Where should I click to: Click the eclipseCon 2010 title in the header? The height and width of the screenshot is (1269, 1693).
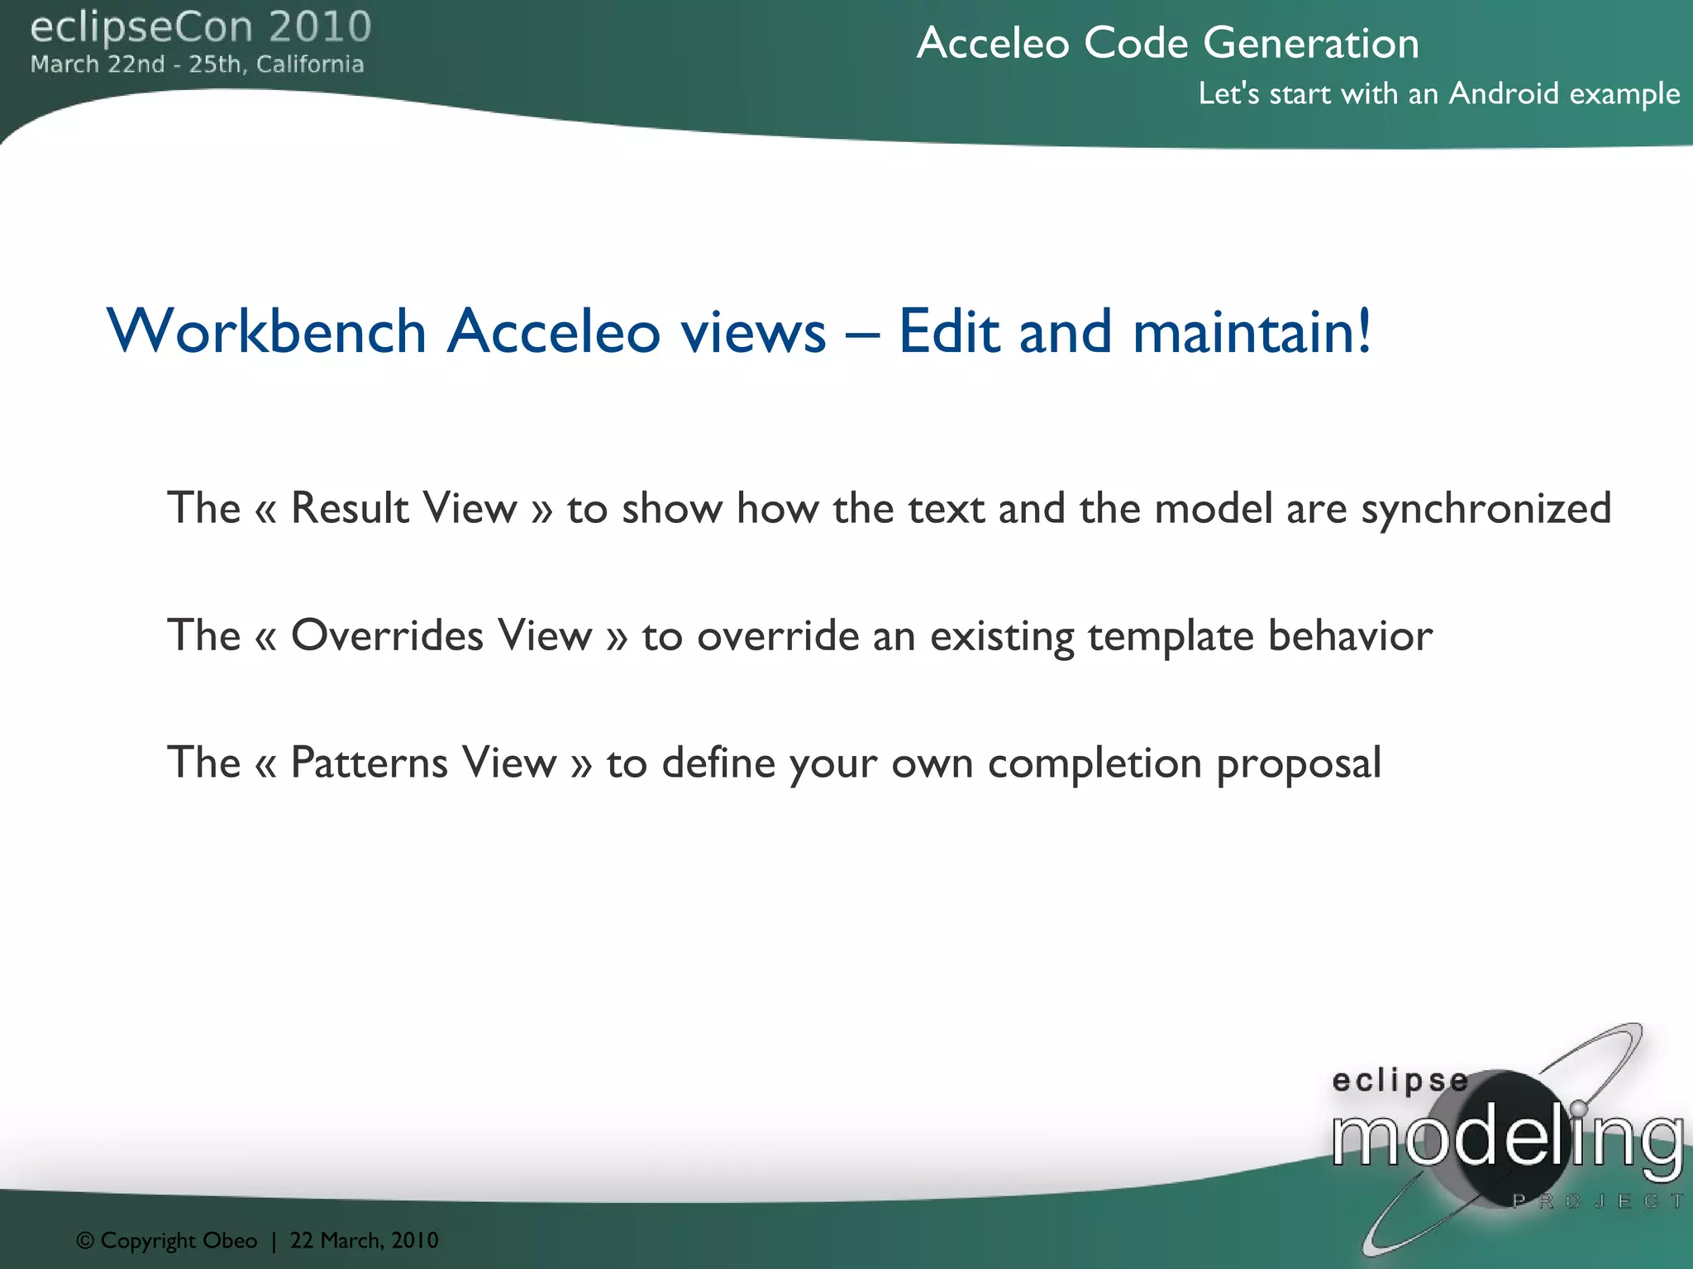201,27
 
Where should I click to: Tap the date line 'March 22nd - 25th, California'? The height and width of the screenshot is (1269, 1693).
197,64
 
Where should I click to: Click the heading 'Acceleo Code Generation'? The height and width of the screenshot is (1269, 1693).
1167,43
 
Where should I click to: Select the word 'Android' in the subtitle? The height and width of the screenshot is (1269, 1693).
1503,93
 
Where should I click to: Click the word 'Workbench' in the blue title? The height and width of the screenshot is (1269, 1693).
266,331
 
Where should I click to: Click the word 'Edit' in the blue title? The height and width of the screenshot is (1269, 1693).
949,331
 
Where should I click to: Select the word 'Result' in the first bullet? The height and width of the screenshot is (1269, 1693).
350,507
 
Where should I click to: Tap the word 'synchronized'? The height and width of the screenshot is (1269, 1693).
1486,509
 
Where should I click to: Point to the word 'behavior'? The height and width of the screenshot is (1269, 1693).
1350,635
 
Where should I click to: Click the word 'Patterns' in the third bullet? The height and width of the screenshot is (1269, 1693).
368,763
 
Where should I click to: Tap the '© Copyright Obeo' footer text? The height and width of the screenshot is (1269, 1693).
167,1240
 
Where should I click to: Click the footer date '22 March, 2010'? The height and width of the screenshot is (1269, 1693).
364,1240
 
